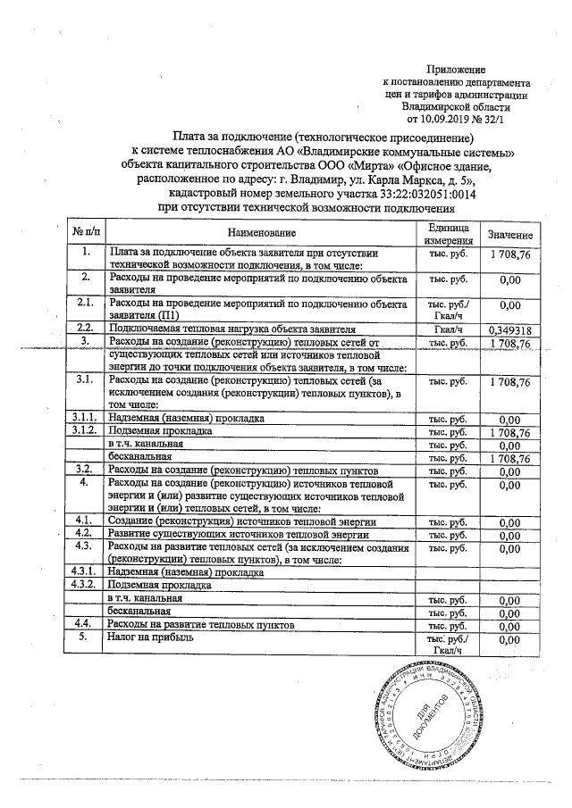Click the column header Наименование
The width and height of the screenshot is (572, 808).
260,234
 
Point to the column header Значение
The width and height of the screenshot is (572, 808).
510,235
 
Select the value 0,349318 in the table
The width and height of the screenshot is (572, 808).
510,329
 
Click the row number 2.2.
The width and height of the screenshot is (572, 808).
87,328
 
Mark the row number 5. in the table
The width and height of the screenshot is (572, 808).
87,638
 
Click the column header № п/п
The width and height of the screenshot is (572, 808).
87,234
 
